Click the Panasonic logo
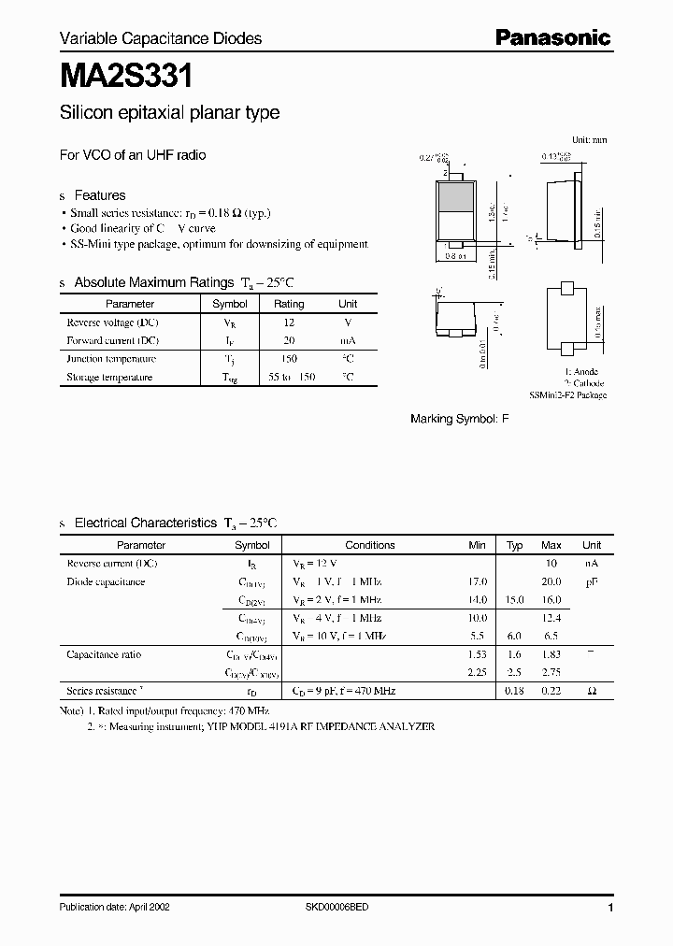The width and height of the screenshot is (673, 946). point(552,38)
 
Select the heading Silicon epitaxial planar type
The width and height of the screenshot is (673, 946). point(169,113)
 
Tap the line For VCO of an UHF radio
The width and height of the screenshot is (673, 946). point(133,155)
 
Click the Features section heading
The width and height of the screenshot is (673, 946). point(99,195)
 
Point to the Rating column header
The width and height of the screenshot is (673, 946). point(289,304)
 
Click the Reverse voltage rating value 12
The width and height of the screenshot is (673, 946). point(289,322)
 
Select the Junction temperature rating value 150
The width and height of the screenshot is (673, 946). point(289,359)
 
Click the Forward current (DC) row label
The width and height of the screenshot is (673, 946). point(112,340)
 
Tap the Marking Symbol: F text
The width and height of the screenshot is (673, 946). point(460,420)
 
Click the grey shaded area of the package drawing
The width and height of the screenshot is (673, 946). point(455,198)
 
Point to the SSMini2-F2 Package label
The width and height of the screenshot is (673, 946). point(567,395)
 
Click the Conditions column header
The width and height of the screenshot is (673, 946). point(370,545)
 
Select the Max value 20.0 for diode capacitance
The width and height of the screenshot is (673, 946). point(551,581)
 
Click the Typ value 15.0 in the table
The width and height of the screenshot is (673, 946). point(514,600)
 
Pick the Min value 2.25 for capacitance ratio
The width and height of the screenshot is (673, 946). point(477,672)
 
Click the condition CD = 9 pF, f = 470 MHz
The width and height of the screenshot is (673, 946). point(345,691)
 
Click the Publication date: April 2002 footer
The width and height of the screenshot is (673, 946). point(114,908)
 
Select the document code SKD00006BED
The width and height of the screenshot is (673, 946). point(336,908)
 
